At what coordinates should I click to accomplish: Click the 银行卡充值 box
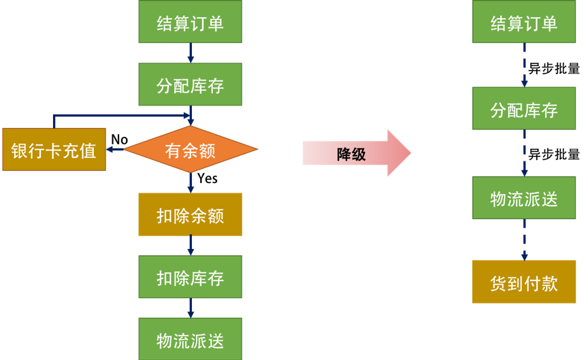54,150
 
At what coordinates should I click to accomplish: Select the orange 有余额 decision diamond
191,150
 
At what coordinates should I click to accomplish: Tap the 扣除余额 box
190,214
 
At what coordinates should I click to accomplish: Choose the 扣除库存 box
190,277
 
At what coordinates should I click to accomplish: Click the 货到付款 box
523,282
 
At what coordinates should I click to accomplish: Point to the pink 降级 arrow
356,154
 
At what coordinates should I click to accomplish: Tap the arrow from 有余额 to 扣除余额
191,182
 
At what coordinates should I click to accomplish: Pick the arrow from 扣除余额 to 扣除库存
191,245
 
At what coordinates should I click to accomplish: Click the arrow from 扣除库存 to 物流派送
191,308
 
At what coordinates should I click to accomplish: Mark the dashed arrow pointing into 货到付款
524,240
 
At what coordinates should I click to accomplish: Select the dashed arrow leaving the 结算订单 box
524,65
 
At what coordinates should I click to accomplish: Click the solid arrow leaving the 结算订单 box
191,52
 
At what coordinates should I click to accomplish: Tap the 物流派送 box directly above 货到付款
523,198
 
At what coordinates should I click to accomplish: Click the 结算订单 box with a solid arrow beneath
190,22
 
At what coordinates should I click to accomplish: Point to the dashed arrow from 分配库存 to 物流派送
524,153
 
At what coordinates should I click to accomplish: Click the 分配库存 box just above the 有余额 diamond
190,84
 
